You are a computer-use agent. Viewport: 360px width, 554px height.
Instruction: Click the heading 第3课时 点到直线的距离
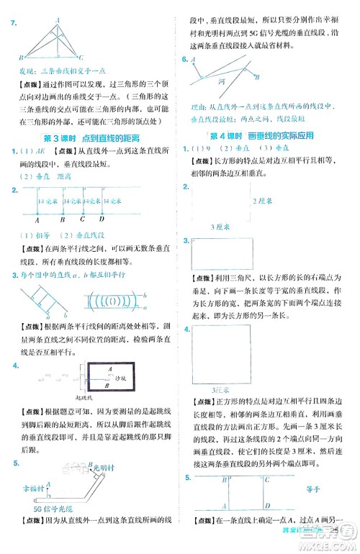[x=91, y=137]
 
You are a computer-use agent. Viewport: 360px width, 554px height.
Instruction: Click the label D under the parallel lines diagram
[x=101, y=221]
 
